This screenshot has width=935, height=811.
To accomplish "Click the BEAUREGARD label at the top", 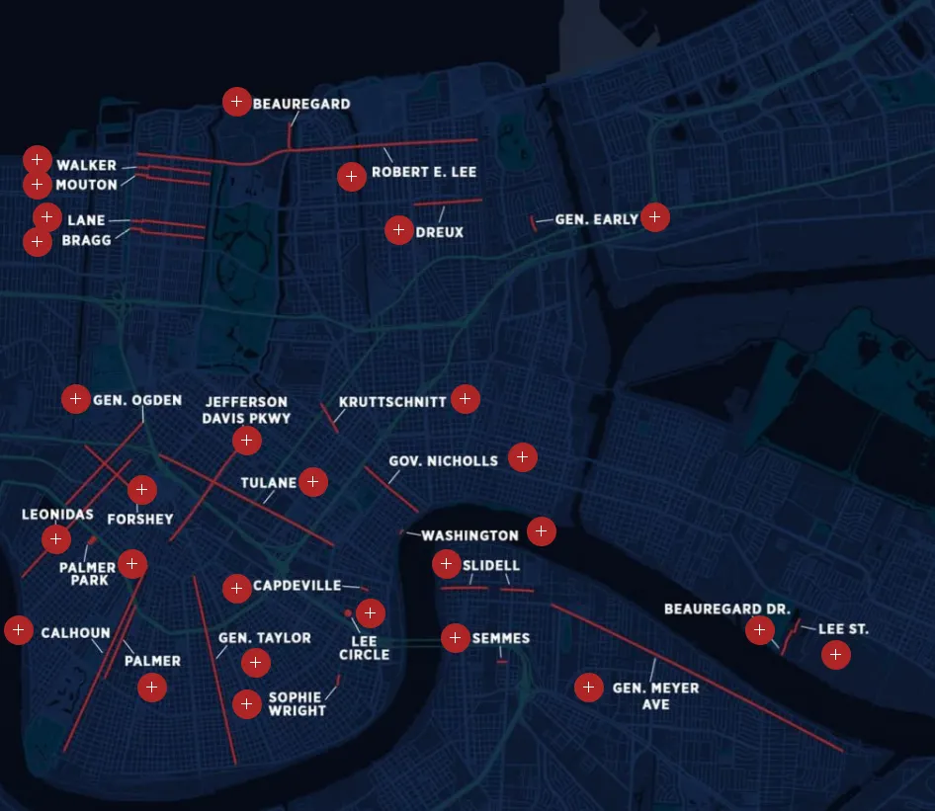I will coord(301,104).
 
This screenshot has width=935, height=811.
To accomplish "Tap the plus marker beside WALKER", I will coord(37,159).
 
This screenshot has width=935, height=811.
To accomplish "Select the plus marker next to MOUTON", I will coord(37,185).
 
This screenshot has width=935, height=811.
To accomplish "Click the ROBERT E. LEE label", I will coord(424,172).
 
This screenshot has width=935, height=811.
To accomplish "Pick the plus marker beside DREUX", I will coord(398,230).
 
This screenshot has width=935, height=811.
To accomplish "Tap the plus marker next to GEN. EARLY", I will coord(654,217).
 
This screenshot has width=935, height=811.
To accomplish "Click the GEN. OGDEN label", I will coord(137,400).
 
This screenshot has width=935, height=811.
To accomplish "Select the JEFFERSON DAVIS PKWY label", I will coord(247,410).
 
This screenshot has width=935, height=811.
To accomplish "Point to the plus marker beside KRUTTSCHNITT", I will coord(466,399).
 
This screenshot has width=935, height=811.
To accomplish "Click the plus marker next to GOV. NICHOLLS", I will coord(523,457).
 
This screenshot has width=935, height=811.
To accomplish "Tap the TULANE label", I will coord(269,483).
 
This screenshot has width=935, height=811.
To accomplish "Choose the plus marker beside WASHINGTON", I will coord(541,531).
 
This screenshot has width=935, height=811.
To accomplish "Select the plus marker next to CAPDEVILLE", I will coord(236,589).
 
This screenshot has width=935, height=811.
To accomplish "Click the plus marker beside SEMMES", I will coord(455,638).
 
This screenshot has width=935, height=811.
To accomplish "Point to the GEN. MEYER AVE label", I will coord(655,695).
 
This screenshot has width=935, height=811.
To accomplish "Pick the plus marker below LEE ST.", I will coord(835,654).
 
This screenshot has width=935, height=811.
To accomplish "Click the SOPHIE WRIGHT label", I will coord(297,704).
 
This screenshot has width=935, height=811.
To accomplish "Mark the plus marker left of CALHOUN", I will coord(19,630).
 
